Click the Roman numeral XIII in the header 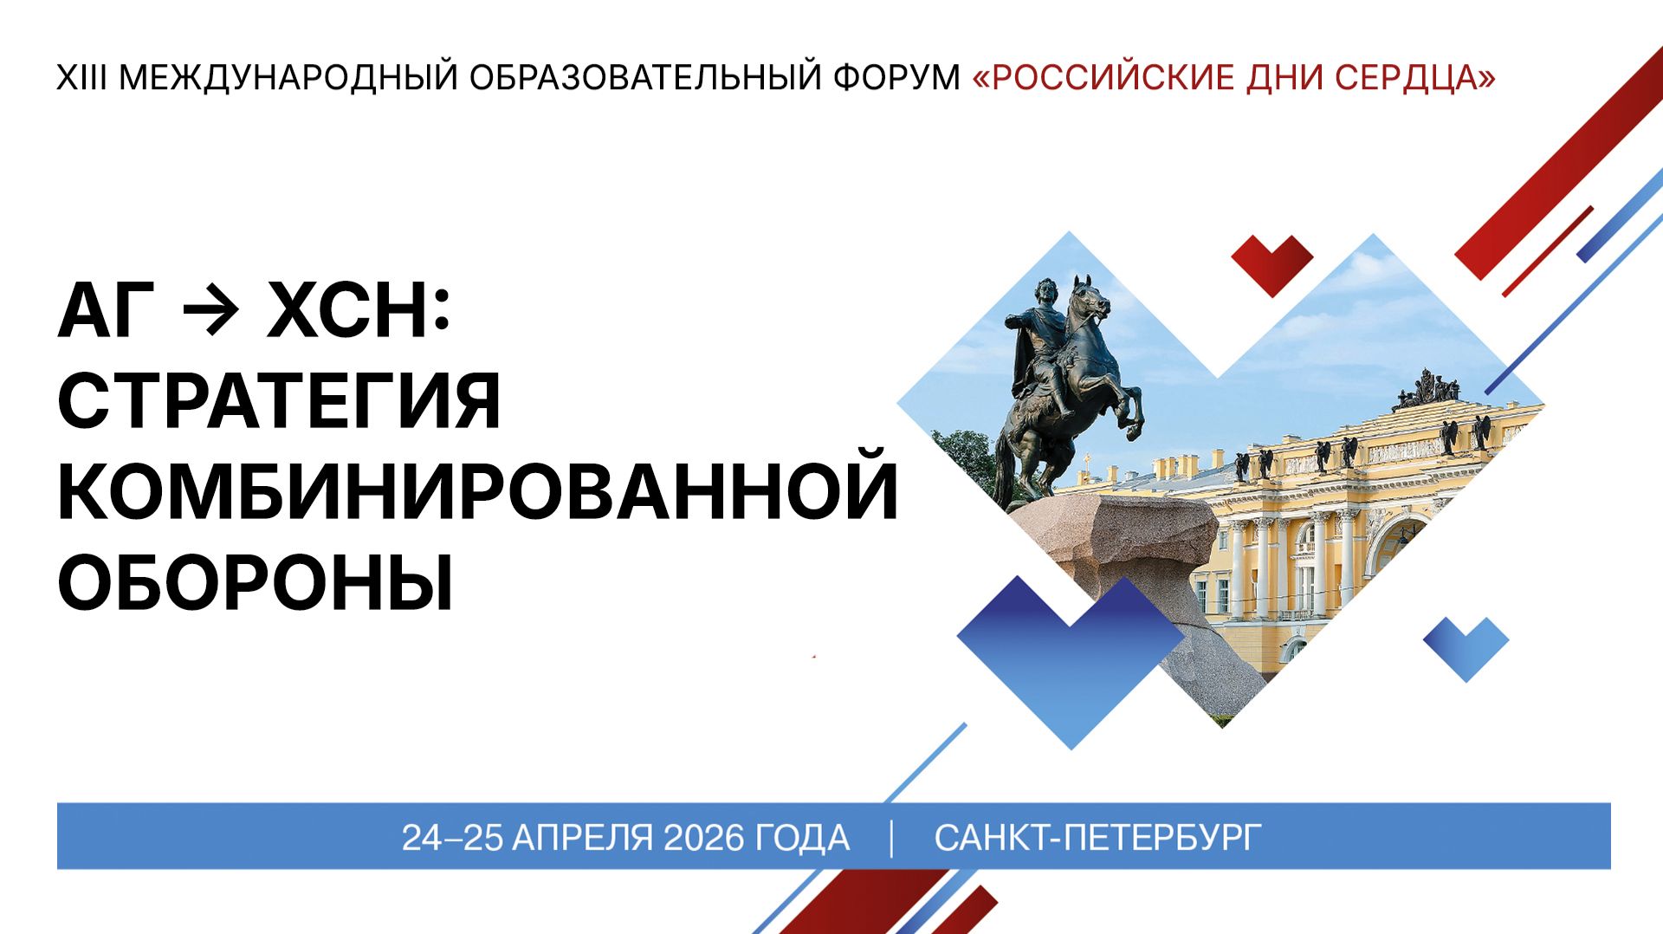coord(81,78)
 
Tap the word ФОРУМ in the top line coord(896,78)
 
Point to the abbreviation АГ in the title coord(106,312)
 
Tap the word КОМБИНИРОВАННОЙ coord(477,491)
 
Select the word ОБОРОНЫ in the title coord(256,581)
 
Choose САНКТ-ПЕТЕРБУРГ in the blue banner coord(1097,838)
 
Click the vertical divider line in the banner coord(891,838)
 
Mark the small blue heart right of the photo coord(1466,646)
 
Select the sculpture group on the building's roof coord(1425,392)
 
